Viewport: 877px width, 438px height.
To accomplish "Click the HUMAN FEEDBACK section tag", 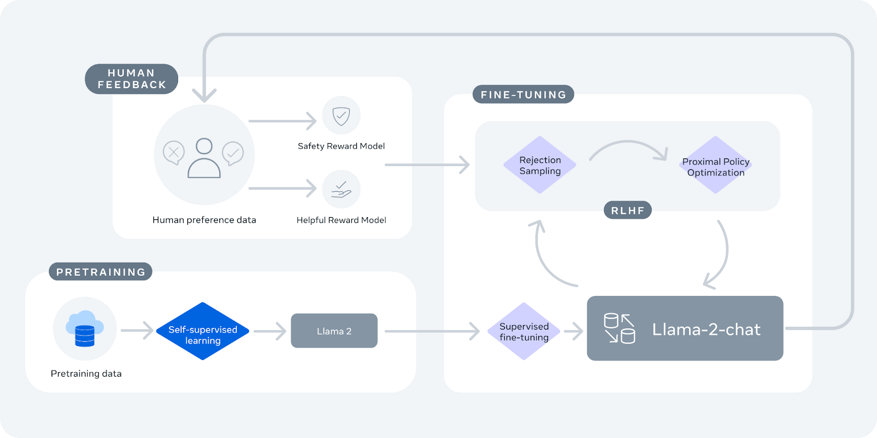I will tap(132, 79).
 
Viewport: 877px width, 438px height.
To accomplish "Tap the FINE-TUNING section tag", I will tap(523, 94).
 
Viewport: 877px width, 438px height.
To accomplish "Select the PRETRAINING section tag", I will tap(100, 272).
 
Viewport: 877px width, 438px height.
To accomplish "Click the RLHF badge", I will tap(628, 211).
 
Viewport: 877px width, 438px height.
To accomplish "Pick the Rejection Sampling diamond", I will tap(540, 165).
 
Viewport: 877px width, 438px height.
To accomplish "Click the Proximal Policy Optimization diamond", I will tap(715, 166).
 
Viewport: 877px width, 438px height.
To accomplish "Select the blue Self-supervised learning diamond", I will tap(203, 331).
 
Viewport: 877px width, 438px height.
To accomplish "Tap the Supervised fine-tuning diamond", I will tap(524, 331).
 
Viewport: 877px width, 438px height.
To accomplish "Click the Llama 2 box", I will tap(334, 331).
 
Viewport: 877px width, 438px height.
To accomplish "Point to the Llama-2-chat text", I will tap(706, 329).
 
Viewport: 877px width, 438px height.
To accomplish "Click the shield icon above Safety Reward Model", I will tap(341, 116).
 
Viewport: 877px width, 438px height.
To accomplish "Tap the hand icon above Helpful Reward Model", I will tap(341, 190).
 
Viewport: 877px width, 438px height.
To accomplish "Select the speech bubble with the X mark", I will tap(174, 153).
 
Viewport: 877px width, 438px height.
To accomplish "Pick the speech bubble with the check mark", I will tap(233, 153).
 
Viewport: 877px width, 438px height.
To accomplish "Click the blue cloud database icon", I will tap(84, 328).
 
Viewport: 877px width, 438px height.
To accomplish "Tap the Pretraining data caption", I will tap(86, 373).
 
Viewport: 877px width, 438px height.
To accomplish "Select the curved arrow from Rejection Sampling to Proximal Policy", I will tap(628, 146).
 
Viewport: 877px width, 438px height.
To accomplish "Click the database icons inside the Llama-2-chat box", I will tap(619, 328).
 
